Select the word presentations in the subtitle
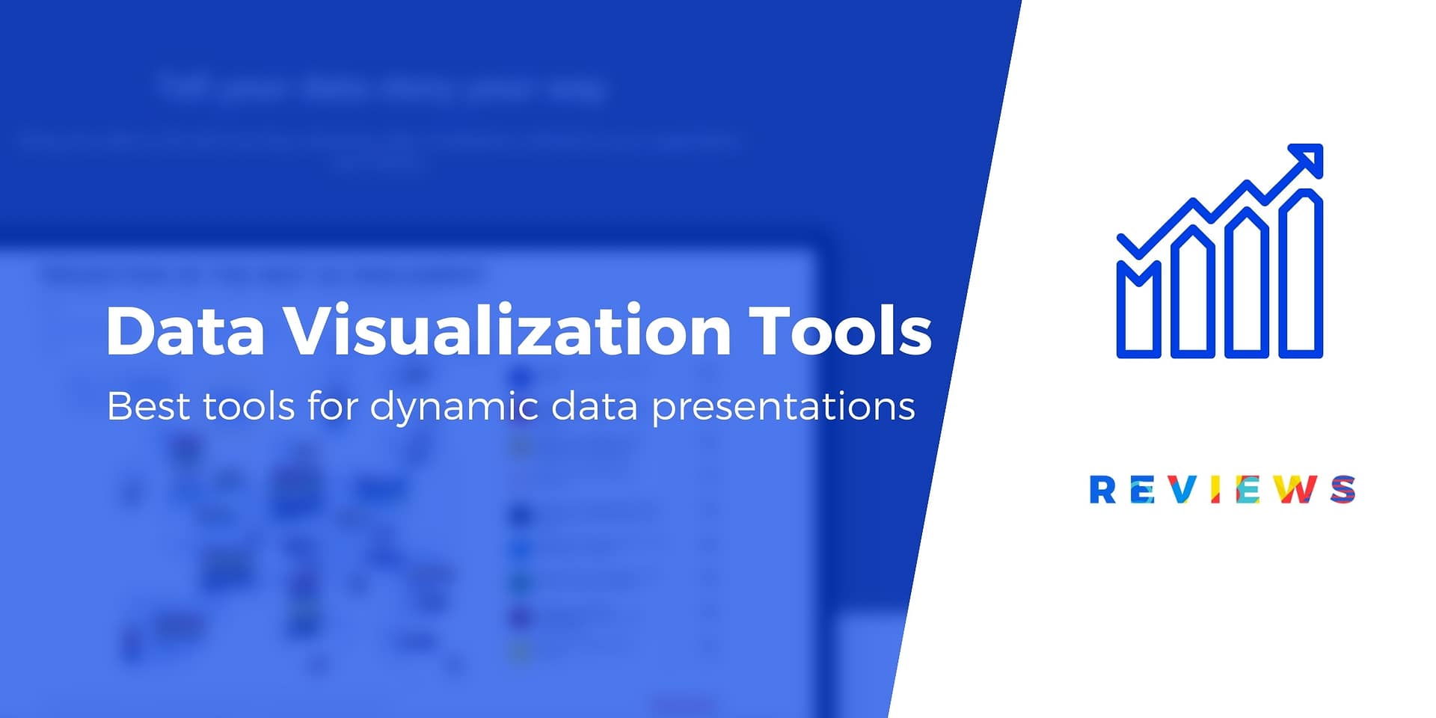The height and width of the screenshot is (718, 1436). tap(783, 408)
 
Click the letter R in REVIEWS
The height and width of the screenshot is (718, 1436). tap(1102, 490)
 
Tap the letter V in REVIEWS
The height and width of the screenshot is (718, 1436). tap(1182, 490)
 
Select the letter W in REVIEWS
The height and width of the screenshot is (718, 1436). tap(1294, 490)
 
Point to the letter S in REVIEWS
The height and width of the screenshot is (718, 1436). tap(1343, 490)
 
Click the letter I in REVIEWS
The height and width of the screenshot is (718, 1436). tap(1215, 490)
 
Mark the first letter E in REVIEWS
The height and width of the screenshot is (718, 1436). tap(1142, 490)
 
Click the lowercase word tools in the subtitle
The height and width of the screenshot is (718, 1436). tap(248, 407)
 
